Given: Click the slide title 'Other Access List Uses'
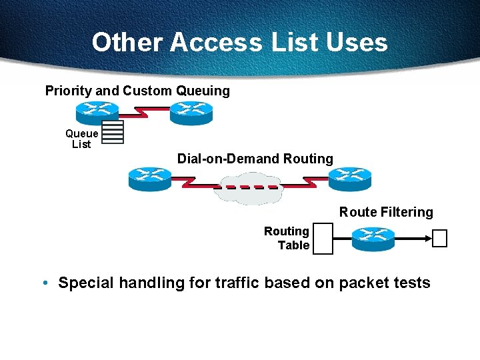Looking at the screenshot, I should click(x=239, y=42).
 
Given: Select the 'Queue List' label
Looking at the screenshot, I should click(x=81, y=139).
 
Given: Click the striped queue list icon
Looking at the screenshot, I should click(x=113, y=132).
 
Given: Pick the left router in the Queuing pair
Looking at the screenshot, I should click(x=97, y=112).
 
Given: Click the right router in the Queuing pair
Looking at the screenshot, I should click(x=191, y=113).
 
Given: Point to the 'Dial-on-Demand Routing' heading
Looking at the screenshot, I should click(x=255, y=159).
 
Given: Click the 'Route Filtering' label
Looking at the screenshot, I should click(x=386, y=212).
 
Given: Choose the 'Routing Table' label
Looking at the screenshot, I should click(x=287, y=238).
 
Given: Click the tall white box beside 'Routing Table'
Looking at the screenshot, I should click(x=323, y=238).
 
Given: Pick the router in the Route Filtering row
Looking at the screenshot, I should click(x=373, y=239).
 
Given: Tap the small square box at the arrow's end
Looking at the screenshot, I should click(x=439, y=238).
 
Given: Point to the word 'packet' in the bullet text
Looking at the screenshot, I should click(x=364, y=283).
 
